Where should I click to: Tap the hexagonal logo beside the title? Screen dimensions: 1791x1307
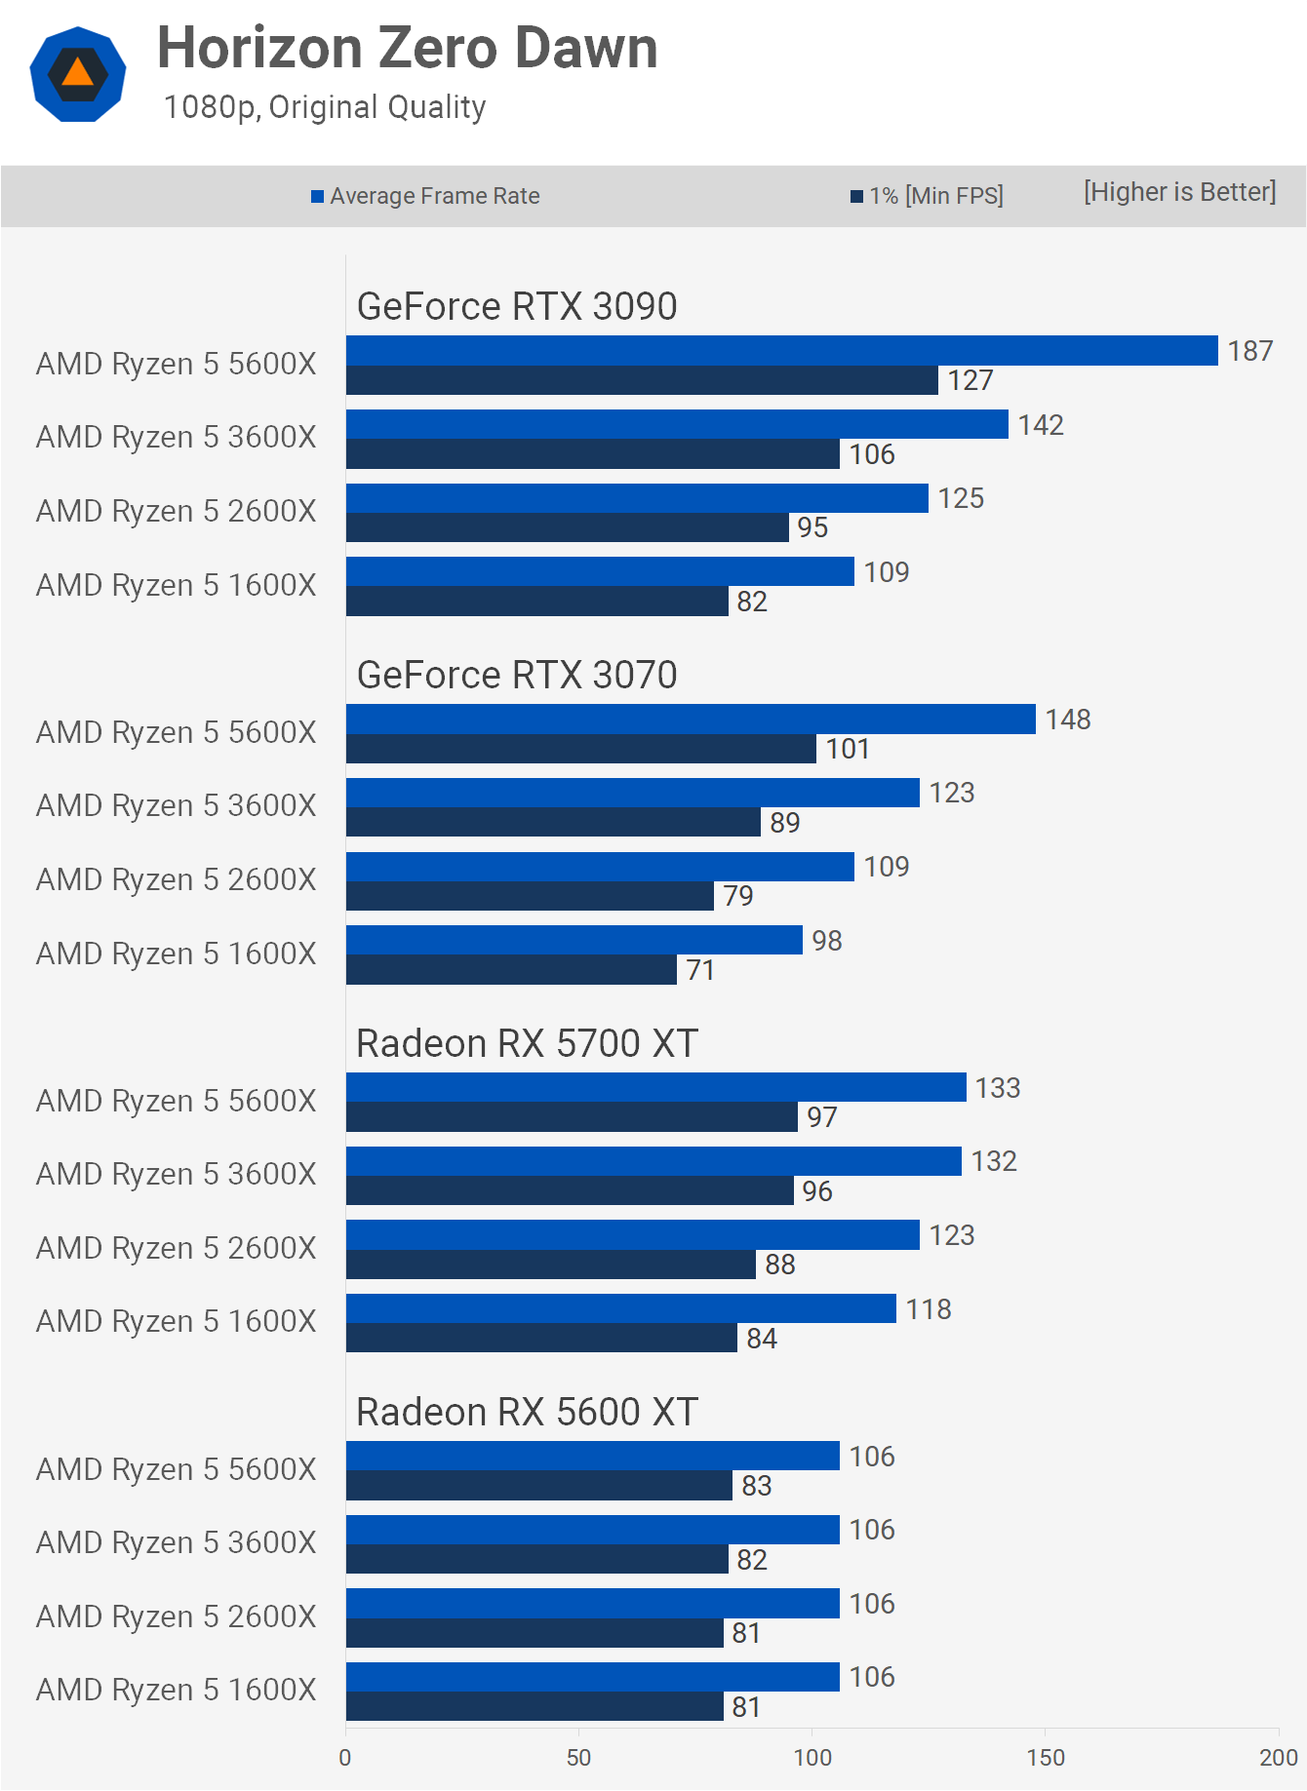(x=78, y=74)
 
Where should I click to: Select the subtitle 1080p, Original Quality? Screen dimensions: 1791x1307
(x=325, y=107)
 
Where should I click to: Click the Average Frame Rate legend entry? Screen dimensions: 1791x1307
(x=426, y=196)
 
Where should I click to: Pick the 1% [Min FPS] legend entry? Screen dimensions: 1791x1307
(x=928, y=196)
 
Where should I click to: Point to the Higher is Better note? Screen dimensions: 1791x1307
(x=1179, y=192)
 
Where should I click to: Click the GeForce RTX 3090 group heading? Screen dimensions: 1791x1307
(x=517, y=306)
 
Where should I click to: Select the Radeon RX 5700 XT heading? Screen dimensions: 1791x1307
(x=527, y=1043)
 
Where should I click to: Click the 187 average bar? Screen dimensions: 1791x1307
(x=781, y=351)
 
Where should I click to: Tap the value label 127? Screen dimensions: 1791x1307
(x=970, y=380)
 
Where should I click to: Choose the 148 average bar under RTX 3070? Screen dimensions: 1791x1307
(x=691, y=720)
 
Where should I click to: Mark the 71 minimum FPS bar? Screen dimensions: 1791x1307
(x=511, y=970)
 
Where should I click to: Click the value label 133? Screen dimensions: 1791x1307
(x=998, y=1088)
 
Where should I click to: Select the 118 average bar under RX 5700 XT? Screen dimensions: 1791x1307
(x=620, y=1308)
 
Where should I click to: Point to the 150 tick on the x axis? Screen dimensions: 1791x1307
(x=1046, y=1758)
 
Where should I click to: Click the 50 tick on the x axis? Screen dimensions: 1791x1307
(x=578, y=1758)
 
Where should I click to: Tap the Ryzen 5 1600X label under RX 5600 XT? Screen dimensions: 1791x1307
(x=177, y=1690)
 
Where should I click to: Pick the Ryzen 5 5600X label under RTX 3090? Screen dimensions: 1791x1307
(x=177, y=364)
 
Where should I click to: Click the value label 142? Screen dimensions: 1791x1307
(x=1041, y=425)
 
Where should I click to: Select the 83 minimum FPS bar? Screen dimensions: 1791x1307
(x=538, y=1486)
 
